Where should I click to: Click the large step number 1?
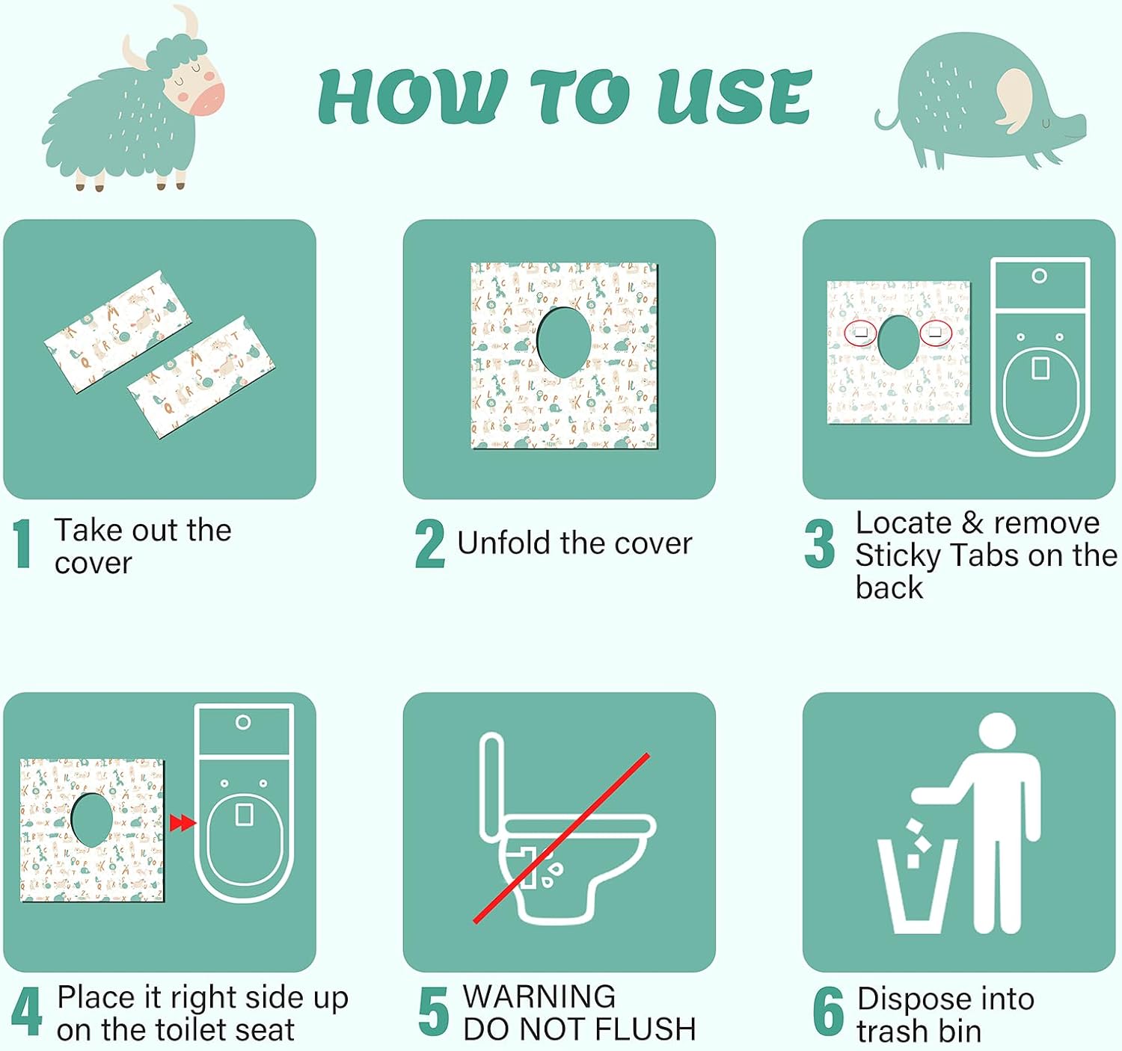(22, 543)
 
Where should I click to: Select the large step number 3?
(820, 543)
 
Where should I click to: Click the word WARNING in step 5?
(539, 996)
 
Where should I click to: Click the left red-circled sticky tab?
(860, 333)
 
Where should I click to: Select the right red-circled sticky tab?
(936, 333)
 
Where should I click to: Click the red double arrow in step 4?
(183, 823)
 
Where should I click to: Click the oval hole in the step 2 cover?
(564, 342)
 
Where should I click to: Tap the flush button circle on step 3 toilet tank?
(1040, 276)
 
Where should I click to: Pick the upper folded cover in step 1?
(117, 331)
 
